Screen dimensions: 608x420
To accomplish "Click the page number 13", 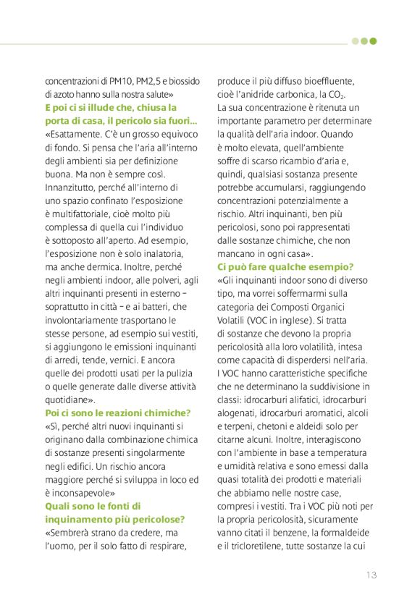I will (371, 575).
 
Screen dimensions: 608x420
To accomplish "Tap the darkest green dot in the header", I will (373, 41).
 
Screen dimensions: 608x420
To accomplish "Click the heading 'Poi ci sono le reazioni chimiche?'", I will (117, 412).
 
